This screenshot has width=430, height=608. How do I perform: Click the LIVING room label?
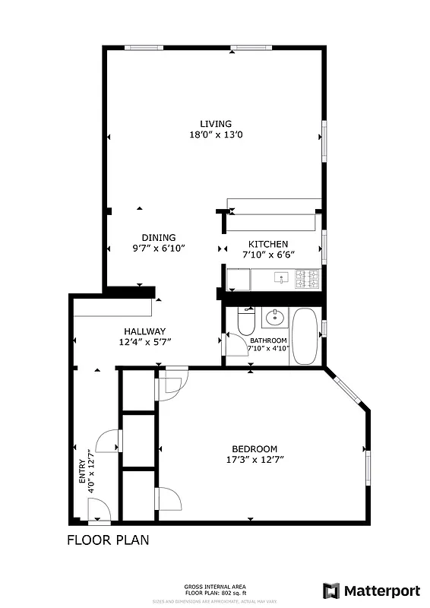(x=216, y=124)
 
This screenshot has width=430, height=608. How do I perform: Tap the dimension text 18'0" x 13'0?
(x=216, y=135)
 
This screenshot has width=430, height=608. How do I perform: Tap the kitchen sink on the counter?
(x=282, y=278)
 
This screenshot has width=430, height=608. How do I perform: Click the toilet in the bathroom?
(x=246, y=321)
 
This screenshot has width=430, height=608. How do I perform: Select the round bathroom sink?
(x=274, y=318)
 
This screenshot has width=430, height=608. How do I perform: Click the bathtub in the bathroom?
(x=307, y=336)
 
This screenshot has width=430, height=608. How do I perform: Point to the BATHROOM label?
(x=269, y=340)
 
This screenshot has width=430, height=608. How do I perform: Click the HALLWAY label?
(x=144, y=331)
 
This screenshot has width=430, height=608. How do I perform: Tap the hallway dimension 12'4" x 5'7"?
(x=144, y=342)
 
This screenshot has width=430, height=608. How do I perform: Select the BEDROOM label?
(x=255, y=448)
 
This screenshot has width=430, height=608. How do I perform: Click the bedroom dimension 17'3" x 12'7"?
(x=255, y=459)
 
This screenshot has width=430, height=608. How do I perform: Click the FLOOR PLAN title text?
(x=107, y=541)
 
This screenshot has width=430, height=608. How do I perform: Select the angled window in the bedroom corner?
(x=348, y=388)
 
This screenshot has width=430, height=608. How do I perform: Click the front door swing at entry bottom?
(x=100, y=515)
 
